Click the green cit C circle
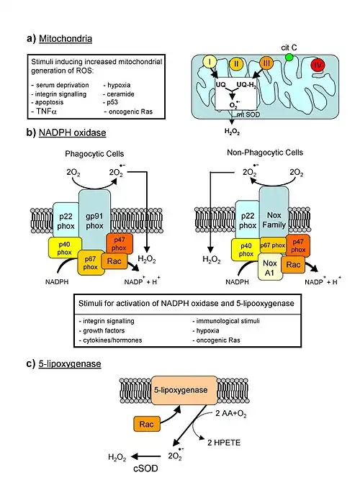point(289,58)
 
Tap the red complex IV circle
point(318,65)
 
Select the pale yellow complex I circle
point(210,62)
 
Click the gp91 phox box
point(94,220)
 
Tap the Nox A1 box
point(270,267)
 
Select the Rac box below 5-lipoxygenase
point(147,425)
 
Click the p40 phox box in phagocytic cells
point(65,248)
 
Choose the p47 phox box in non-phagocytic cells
point(298,246)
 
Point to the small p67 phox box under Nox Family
point(273,245)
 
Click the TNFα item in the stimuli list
point(45,111)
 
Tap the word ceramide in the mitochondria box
point(121,94)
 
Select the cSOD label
point(146,468)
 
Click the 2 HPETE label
point(224,443)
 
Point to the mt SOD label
point(248,115)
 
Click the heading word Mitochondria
point(66,39)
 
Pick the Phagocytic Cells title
point(94,154)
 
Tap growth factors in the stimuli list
point(104,330)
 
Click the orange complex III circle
point(266,63)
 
